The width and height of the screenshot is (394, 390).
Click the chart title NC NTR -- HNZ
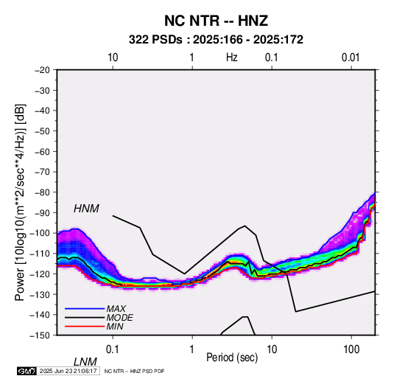pos(216,21)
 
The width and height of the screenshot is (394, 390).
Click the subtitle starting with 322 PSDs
pos(216,40)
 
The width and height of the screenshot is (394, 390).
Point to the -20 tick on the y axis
pos(42,70)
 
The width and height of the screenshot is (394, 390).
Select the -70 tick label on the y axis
pos(42,172)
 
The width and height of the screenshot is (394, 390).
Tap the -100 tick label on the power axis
pos(40,233)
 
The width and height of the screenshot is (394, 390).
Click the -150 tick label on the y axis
pos(40,335)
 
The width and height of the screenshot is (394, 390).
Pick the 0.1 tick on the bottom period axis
pos(113,349)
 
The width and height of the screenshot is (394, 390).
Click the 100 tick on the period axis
pos(351,349)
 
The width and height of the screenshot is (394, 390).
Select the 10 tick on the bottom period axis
pos(272,349)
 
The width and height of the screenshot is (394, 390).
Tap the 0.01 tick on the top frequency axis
pos(351,58)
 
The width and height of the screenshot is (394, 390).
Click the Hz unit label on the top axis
pos(232,58)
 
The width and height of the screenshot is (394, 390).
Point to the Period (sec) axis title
pos(232,358)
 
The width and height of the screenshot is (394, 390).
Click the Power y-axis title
pos(20,203)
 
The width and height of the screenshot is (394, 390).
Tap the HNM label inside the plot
pos(86,209)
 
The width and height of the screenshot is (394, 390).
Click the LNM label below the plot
pos(85,362)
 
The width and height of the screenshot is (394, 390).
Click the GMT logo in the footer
pos(27,371)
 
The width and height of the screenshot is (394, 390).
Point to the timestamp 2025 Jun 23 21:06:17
pos(68,371)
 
